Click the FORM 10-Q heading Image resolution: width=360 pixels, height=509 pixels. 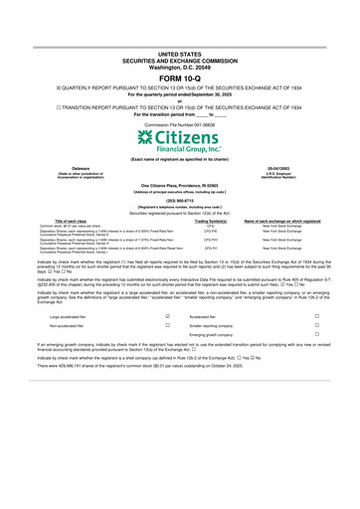pos(179,79)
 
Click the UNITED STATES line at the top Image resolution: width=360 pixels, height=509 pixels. pos(179,54)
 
